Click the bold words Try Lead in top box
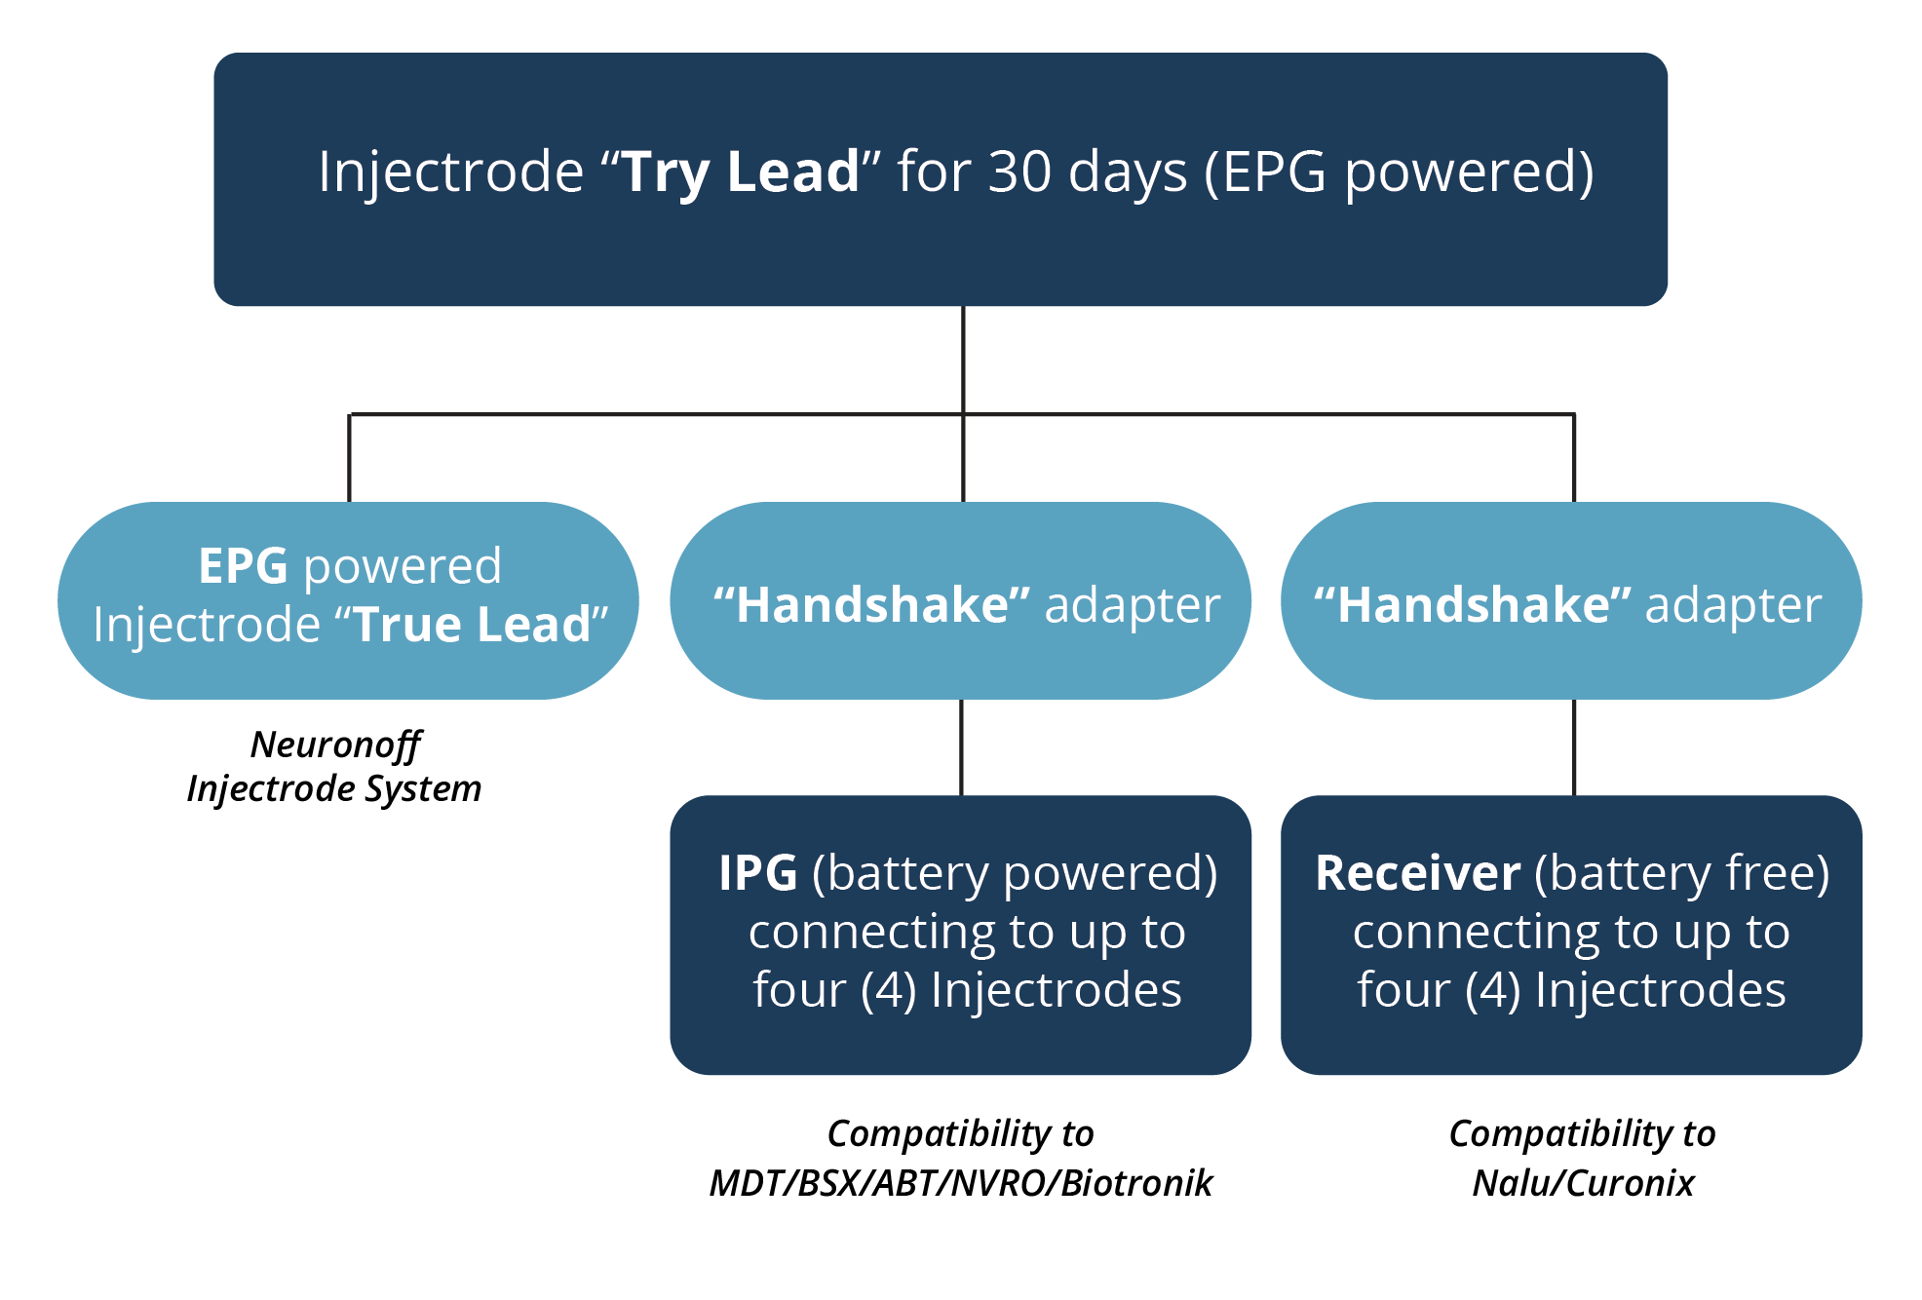tap(740, 172)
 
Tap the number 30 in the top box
tap(1019, 172)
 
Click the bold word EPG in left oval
tap(243, 566)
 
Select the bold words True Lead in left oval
tap(473, 625)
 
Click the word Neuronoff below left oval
tap(335, 745)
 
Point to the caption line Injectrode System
tap(334, 788)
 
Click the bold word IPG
tap(757, 873)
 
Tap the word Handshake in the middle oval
tap(872, 605)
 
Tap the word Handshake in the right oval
tap(1473, 605)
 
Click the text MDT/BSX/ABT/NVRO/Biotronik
tap(960, 1183)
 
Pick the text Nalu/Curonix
tap(1583, 1183)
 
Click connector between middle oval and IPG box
tap(961, 747)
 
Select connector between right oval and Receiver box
tap(1574, 747)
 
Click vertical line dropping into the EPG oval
tap(349, 458)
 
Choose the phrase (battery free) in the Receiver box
tap(1681, 873)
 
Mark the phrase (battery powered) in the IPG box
tap(1014, 873)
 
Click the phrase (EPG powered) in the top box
tap(1399, 172)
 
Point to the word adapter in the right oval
tap(1733, 605)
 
